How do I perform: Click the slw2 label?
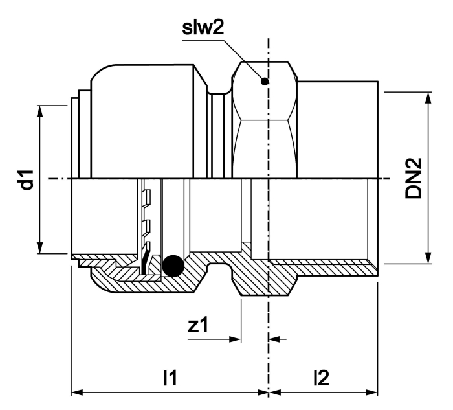click(203, 28)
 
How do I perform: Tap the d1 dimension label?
click(28, 180)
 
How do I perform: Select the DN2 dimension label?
click(414, 178)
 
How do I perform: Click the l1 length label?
click(170, 378)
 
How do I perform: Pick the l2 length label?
click(321, 378)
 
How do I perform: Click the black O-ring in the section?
click(173, 266)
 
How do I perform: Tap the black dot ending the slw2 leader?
click(265, 82)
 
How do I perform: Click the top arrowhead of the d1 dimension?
click(40, 111)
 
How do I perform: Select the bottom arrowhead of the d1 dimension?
click(40, 248)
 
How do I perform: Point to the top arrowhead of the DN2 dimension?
click(428, 98)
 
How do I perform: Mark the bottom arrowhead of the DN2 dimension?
click(428, 258)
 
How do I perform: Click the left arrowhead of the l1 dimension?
click(78, 393)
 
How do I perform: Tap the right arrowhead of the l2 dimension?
click(371, 393)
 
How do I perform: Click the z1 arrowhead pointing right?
click(235, 339)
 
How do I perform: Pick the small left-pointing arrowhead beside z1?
click(274, 339)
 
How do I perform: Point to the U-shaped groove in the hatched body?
click(219, 268)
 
